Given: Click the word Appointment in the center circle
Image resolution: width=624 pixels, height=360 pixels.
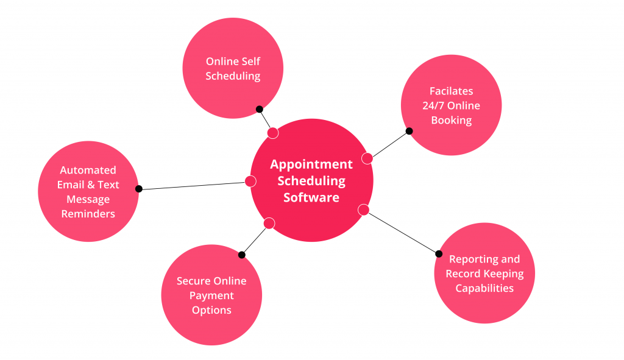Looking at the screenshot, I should click(311, 164).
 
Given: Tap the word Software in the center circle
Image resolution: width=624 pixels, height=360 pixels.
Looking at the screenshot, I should click(311, 197).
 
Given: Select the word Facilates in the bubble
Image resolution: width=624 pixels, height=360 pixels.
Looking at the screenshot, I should click(451, 91).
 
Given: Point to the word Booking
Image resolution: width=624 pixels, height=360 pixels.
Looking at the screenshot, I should click(451, 120).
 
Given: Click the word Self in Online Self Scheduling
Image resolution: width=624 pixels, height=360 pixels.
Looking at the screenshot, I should click(252, 62).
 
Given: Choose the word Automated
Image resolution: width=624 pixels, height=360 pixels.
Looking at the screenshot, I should click(88, 170).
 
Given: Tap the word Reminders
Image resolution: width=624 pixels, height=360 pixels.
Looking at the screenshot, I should click(88, 214).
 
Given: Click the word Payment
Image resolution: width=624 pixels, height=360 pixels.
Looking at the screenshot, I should click(211, 295).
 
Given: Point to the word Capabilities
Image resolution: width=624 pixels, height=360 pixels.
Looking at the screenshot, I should click(484, 288).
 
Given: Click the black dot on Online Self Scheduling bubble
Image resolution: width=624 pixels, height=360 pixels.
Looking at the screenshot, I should click(259, 109).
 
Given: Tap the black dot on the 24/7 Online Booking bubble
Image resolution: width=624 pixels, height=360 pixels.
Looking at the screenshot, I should click(409, 130).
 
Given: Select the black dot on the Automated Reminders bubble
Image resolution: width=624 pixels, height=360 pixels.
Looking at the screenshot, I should click(138, 189).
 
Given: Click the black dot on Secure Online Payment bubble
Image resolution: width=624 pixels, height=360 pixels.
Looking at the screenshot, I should click(242, 255).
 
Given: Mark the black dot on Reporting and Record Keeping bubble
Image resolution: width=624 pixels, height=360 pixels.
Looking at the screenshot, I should click(439, 253).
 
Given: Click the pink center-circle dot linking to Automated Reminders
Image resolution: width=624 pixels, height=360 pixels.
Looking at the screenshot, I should click(250, 181).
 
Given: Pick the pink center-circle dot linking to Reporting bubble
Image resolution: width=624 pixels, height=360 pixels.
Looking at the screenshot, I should click(364, 210).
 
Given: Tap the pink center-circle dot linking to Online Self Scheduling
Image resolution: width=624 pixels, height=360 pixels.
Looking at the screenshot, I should click(273, 133).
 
